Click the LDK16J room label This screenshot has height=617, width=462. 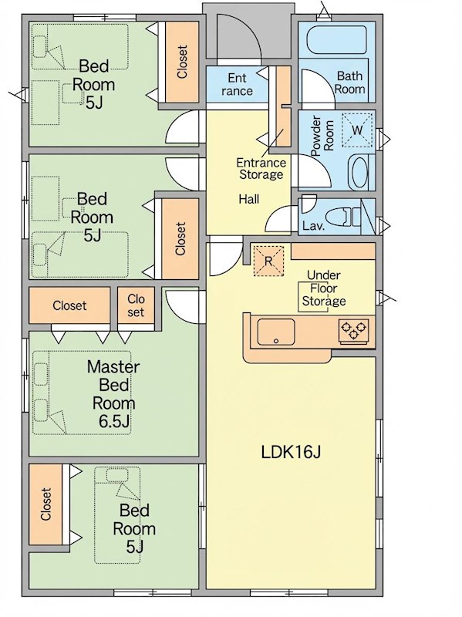pyautogui.click(x=292, y=452)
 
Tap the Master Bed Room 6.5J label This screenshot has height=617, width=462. pyautogui.click(x=113, y=394)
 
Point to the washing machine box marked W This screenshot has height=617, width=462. pyautogui.click(x=357, y=130)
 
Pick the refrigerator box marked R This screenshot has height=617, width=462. pyautogui.click(x=268, y=261)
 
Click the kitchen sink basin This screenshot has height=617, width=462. pyautogui.click(x=276, y=332)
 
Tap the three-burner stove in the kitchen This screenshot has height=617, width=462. pyautogui.click(x=353, y=331)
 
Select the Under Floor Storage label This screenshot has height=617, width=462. pyautogui.click(x=324, y=288)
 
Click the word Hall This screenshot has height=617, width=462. pyautogui.click(x=248, y=199)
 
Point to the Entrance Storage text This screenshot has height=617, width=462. pyautogui.click(x=261, y=168)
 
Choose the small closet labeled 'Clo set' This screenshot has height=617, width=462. pyautogui.click(x=136, y=305)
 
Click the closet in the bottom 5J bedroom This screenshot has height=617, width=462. pyautogui.click(x=46, y=504)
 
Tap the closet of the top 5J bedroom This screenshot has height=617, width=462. pyautogui.click(x=181, y=62)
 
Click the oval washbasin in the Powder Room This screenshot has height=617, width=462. pyautogui.click(x=359, y=172)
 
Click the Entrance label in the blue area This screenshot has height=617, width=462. pyautogui.click(x=237, y=84)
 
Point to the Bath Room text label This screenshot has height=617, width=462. pyautogui.click(x=349, y=82)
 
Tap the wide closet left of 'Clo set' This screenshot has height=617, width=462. pyautogui.click(x=69, y=305)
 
